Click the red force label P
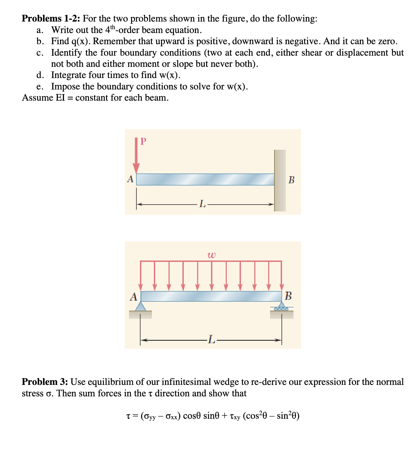click(x=143, y=142)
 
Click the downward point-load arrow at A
click(x=136, y=155)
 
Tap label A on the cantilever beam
click(x=130, y=179)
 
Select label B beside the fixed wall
click(x=291, y=180)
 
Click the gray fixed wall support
click(x=280, y=180)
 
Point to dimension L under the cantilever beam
click(x=202, y=204)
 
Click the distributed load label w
click(x=212, y=255)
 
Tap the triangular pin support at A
click(x=140, y=307)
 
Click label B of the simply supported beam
click(x=288, y=296)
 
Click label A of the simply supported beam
click(x=133, y=297)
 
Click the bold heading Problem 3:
click(x=45, y=382)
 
